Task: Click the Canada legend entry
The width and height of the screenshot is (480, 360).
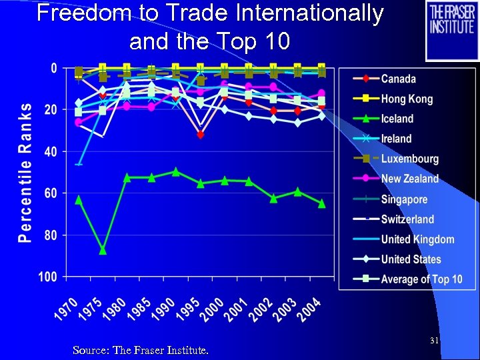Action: tap(398, 79)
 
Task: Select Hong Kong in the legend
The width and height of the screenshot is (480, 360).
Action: tap(407, 99)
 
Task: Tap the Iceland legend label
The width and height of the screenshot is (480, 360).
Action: tap(397, 119)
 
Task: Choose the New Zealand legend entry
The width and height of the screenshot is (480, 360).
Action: tap(409, 179)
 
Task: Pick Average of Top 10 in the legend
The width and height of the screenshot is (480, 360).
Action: tap(421, 279)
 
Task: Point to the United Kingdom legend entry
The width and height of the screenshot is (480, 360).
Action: tap(417, 239)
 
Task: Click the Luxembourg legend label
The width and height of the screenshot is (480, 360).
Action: tap(409, 159)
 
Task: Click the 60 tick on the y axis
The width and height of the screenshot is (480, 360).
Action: tap(50, 193)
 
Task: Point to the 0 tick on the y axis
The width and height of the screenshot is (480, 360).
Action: tap(53, 68)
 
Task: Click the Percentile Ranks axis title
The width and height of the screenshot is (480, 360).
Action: tap(24, 172)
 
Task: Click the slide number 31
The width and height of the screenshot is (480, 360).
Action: tap(434, 341)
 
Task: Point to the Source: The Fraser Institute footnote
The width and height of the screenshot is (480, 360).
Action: tap(140, 349)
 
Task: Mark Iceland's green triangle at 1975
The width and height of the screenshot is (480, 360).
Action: tap(103, 250)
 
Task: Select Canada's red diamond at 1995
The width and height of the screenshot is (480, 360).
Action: tap(200, 135)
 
